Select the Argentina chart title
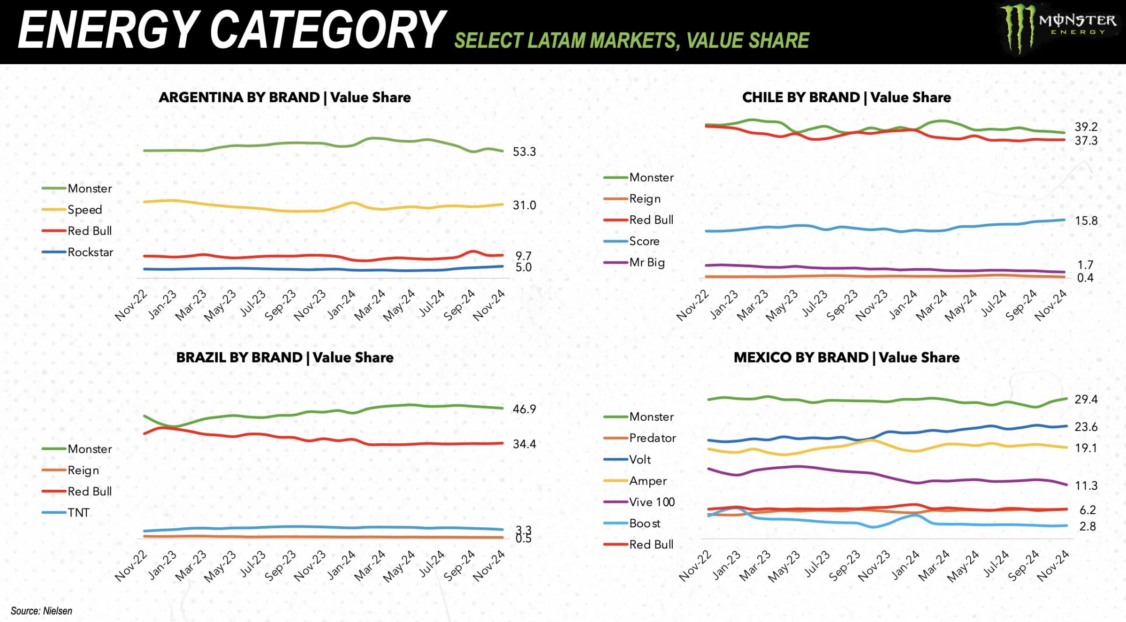pos(284,98)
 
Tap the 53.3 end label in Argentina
pos(524,152)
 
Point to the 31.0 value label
pos(524,205)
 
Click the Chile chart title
pos(846,98)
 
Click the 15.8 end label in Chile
pos(1086,221)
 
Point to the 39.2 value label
pos(1086,127)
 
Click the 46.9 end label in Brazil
pos(524,410)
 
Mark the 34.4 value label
pos(524,444)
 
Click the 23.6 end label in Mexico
pos(1086,427)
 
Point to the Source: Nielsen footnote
pos(41,611)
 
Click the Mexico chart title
pos(846,358)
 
